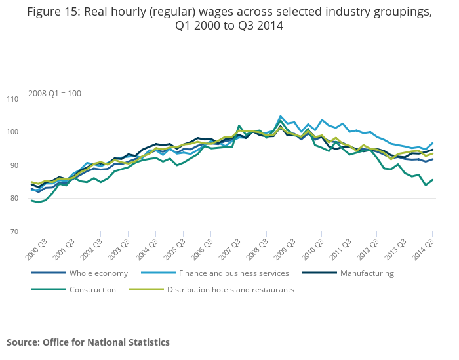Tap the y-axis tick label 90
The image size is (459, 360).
coord(14,165)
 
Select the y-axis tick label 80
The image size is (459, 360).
coord(14,199)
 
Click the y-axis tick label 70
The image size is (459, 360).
coord(14,231)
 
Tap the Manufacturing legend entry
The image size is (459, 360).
coord(367,273)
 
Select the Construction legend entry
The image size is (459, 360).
coord(94,290)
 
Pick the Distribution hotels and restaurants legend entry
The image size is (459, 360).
coord(230,290)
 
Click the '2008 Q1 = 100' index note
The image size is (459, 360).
coord(54,94)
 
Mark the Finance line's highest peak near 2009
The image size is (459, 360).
coord(281,117)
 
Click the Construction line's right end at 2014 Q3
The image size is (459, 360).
coord(433,180)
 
